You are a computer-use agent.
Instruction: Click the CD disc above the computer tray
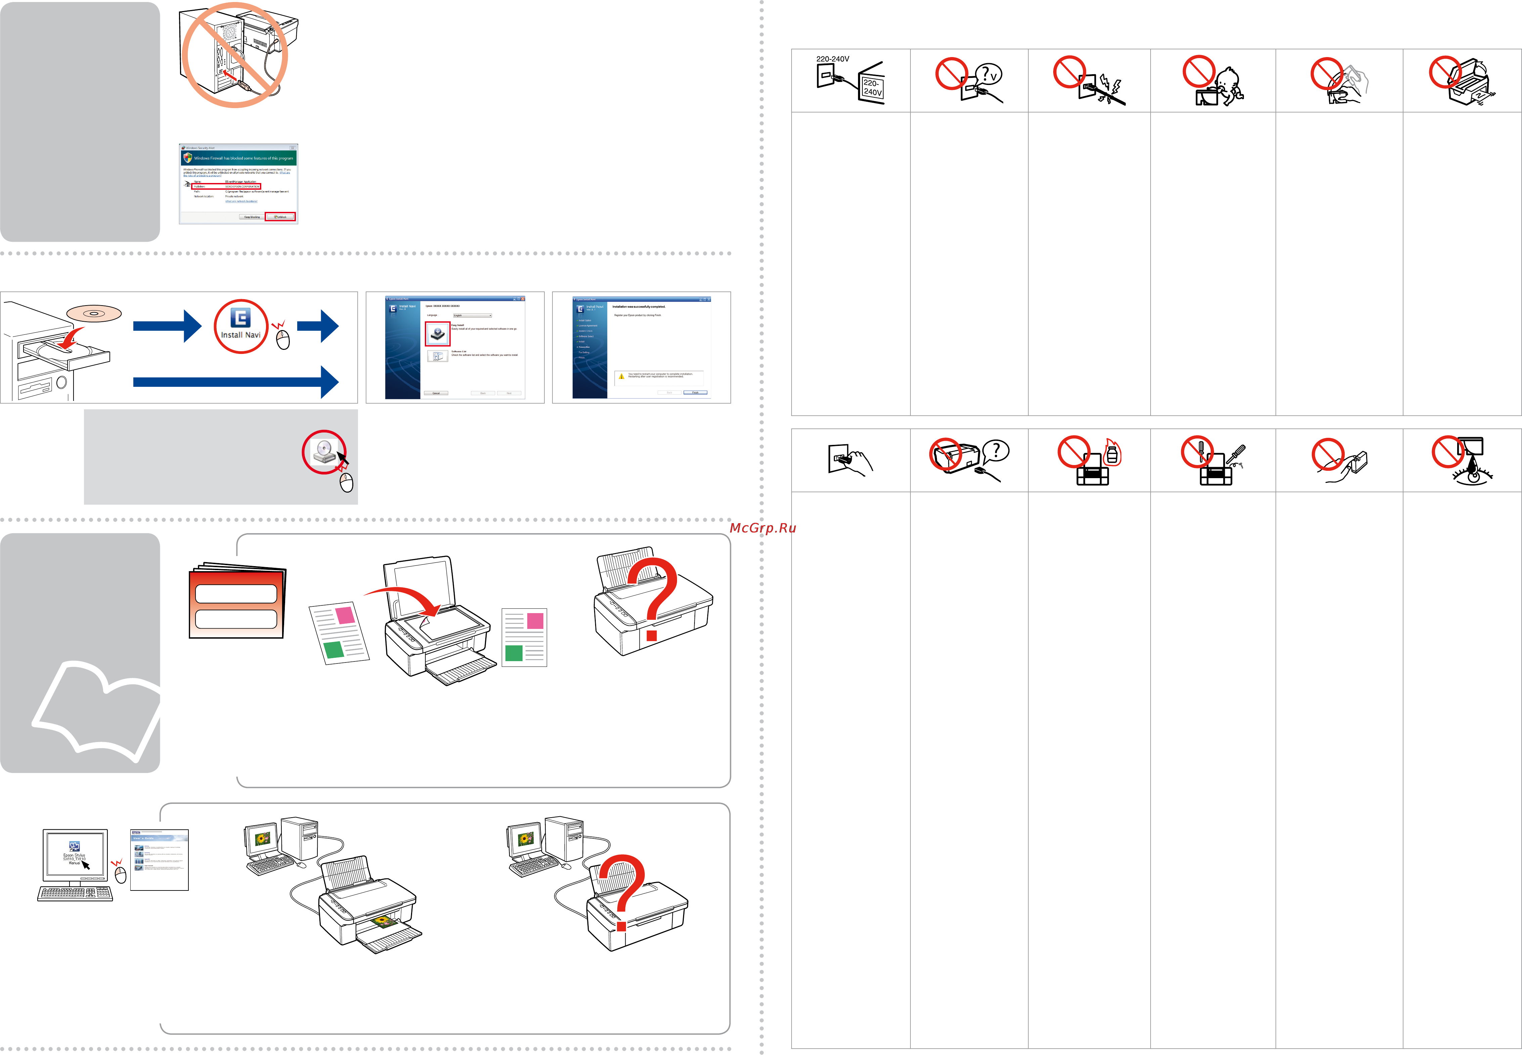tap(94, 313)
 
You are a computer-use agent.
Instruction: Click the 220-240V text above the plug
tap(833, 59)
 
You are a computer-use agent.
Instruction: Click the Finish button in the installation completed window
tap(695, 393)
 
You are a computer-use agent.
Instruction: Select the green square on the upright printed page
tap(514, 653)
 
